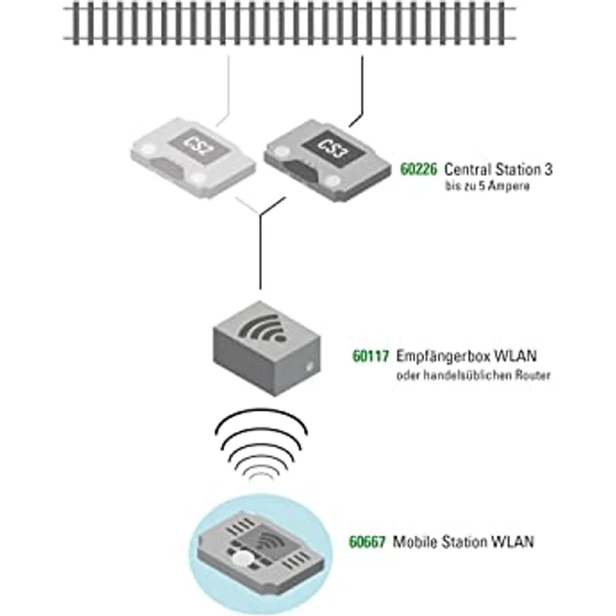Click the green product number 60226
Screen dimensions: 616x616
(x=419, y=169)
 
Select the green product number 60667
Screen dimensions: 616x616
(x=367, y=542)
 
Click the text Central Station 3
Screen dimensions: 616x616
(x=499, y=169)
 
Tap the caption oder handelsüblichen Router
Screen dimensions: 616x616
(x=473, y=377)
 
